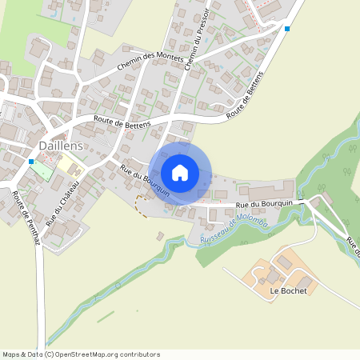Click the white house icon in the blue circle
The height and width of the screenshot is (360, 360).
[x=180, y=172]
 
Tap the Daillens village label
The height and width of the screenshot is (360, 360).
[x=62, y=146]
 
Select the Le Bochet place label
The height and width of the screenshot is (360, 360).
[x=288, y=290]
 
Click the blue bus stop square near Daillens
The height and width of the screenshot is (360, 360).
[x=31, y=161]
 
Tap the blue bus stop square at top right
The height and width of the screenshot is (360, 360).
[x=286, y=29]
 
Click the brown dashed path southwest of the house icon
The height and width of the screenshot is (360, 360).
[x=142, y=205]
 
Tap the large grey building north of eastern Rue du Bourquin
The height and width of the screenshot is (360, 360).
[x=270, y=192]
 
